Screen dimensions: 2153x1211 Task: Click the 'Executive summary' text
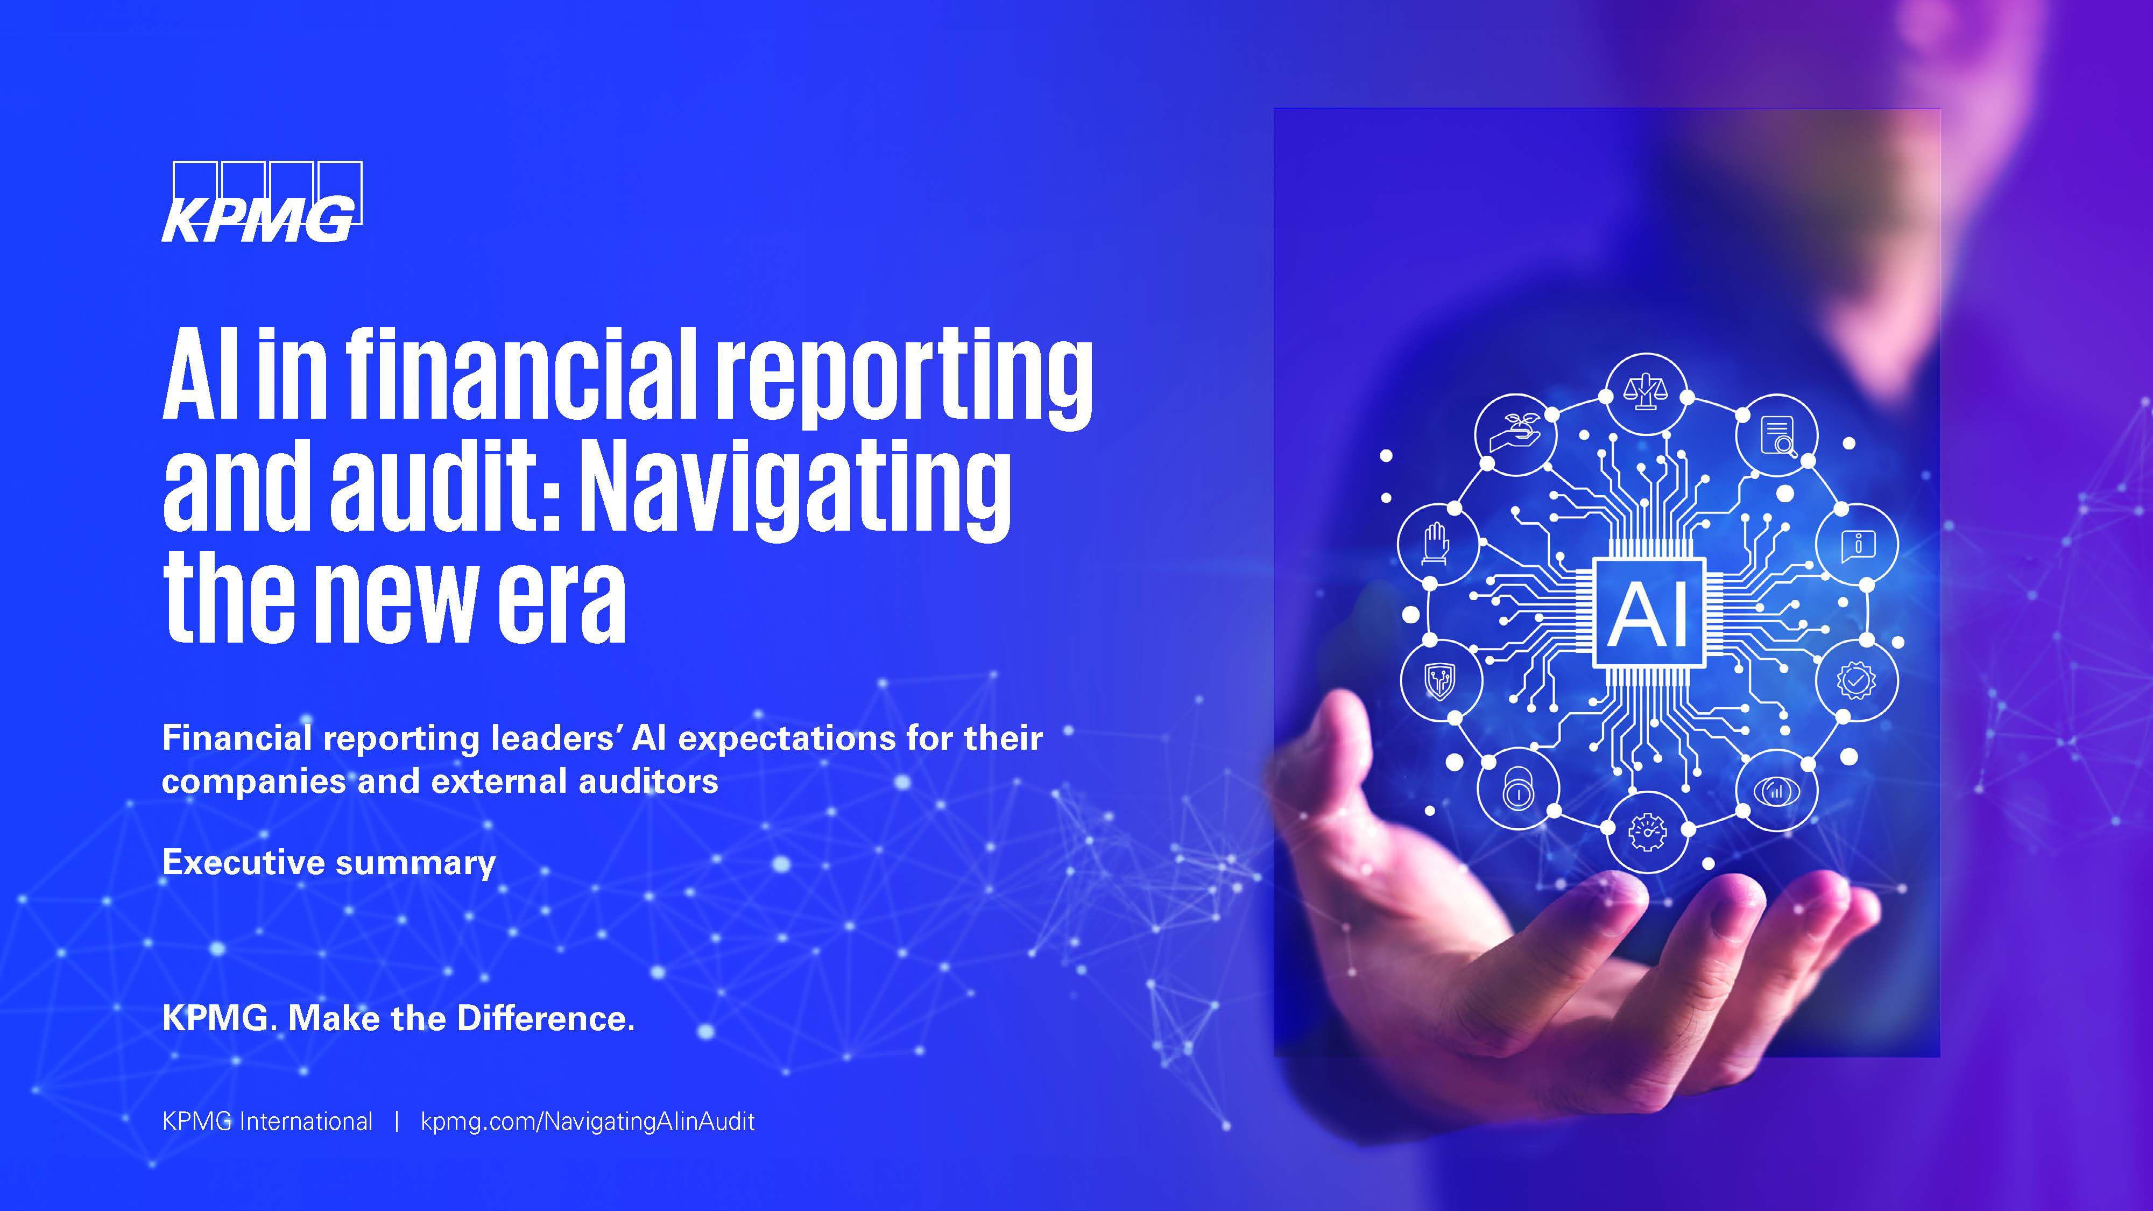(x=328, y=862)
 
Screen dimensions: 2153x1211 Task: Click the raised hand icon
(x=1437, y=544)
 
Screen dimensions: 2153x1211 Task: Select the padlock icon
(x=1517, y=789)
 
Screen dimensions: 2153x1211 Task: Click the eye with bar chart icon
(x=1776, y=789)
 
